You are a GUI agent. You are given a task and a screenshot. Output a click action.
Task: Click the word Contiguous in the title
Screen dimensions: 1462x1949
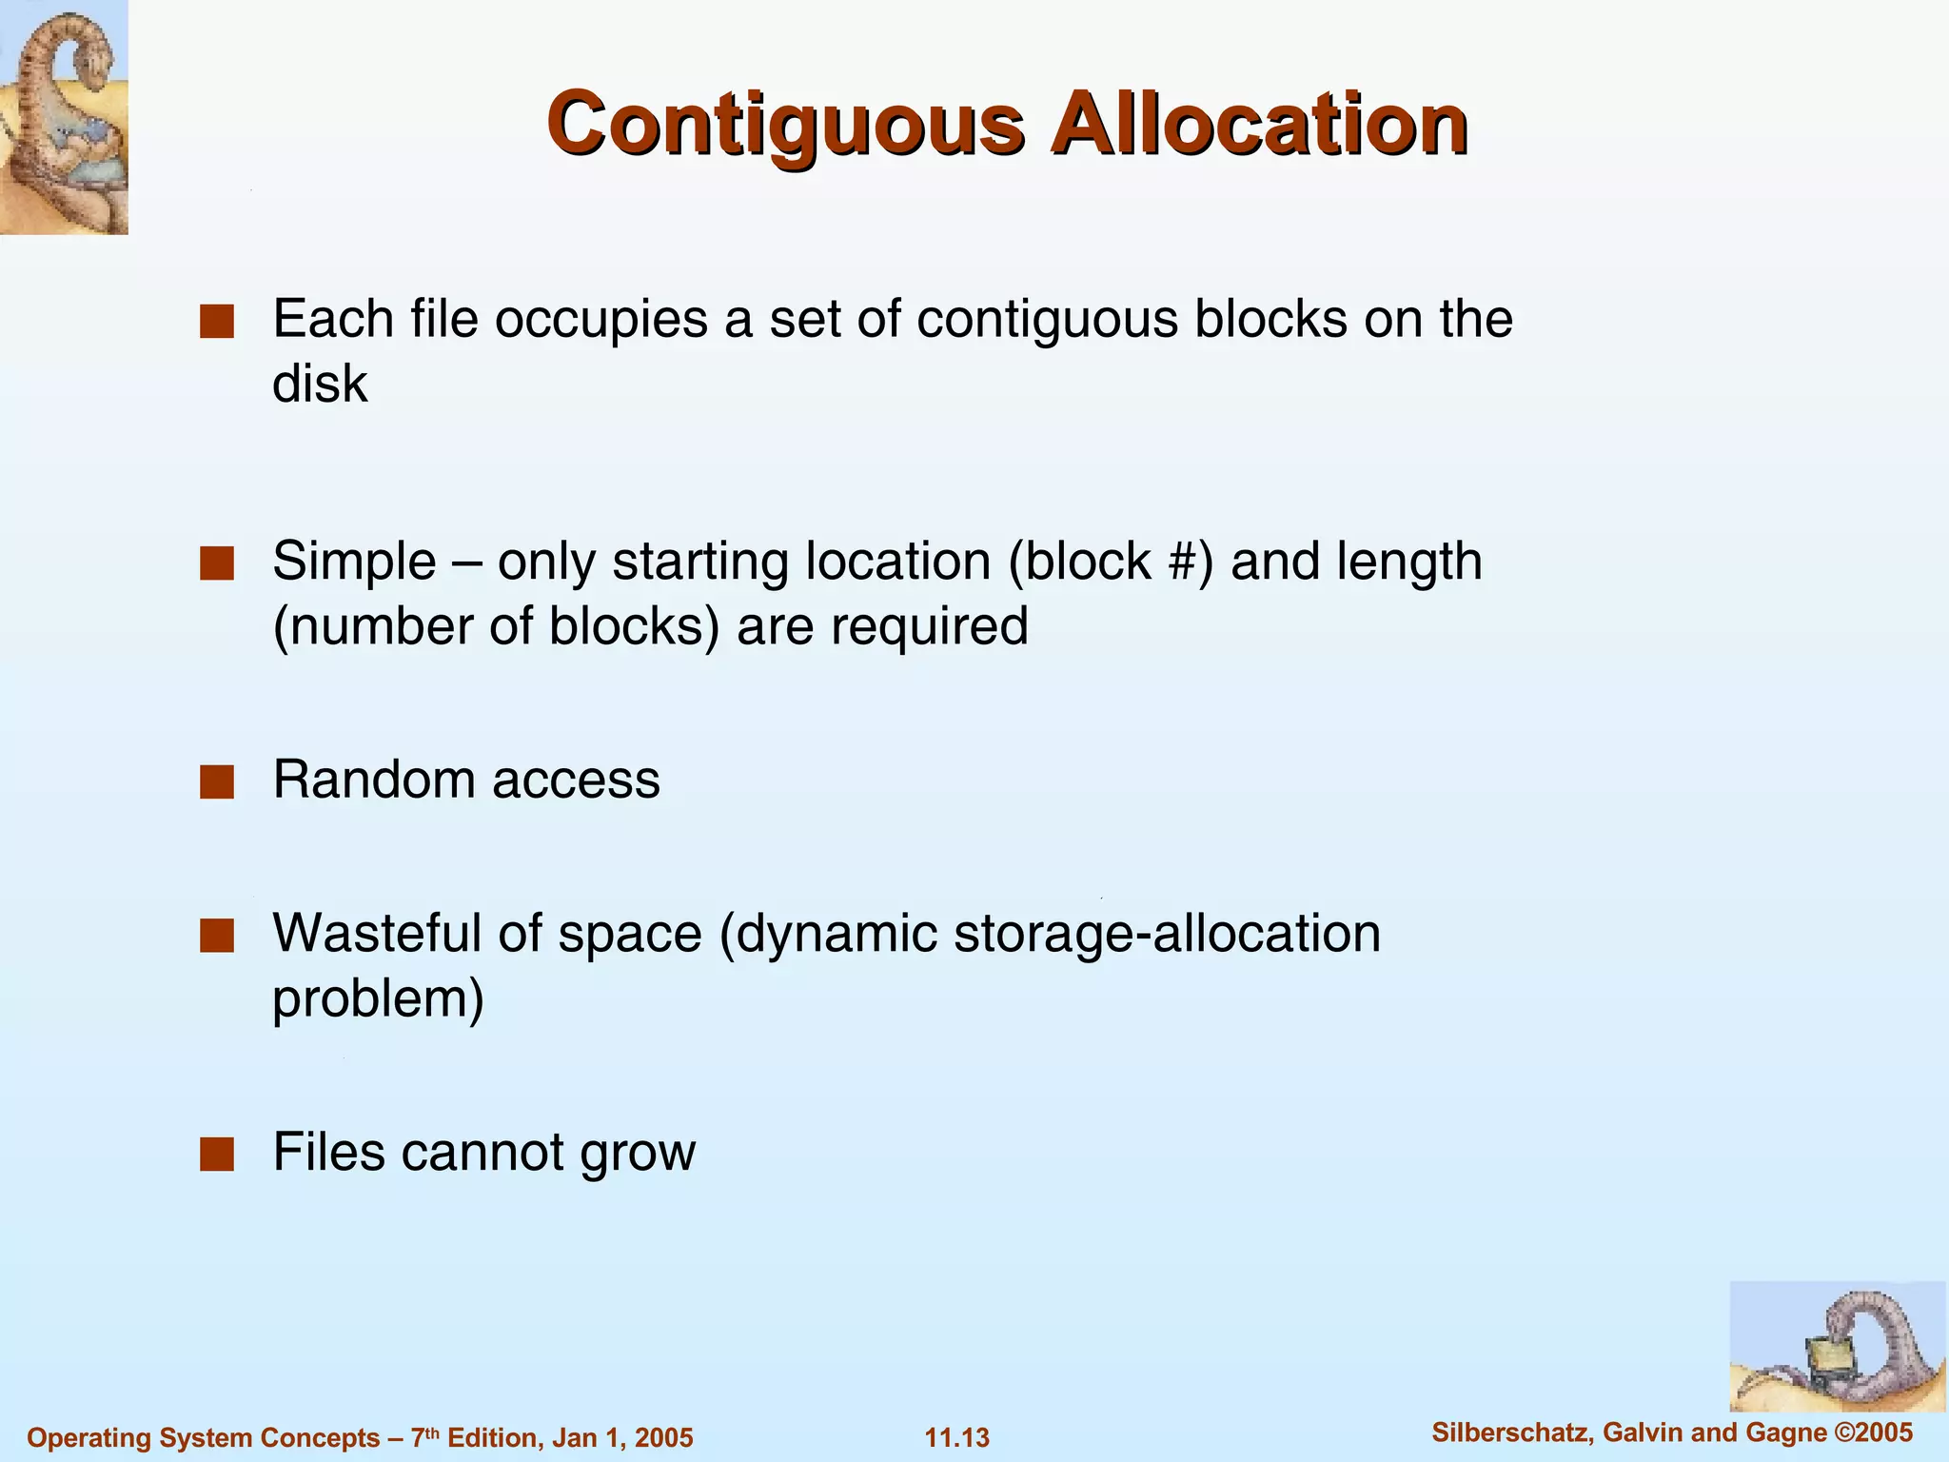click(x=785, y=124)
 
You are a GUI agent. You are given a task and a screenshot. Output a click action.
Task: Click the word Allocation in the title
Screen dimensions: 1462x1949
click(x=1258, y=124)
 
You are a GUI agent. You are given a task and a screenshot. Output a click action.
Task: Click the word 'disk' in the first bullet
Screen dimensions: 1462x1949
click(x=320, y=384)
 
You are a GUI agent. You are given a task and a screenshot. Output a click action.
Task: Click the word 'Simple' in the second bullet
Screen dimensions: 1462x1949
click(x=354, y=562)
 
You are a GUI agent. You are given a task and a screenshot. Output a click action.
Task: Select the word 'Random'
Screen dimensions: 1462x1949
click(x=374, y=780)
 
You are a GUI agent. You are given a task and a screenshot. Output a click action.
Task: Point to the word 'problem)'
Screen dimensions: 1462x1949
click(x=378, y=999)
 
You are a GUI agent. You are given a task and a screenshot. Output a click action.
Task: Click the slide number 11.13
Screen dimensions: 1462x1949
click(x=957, y=1437)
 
